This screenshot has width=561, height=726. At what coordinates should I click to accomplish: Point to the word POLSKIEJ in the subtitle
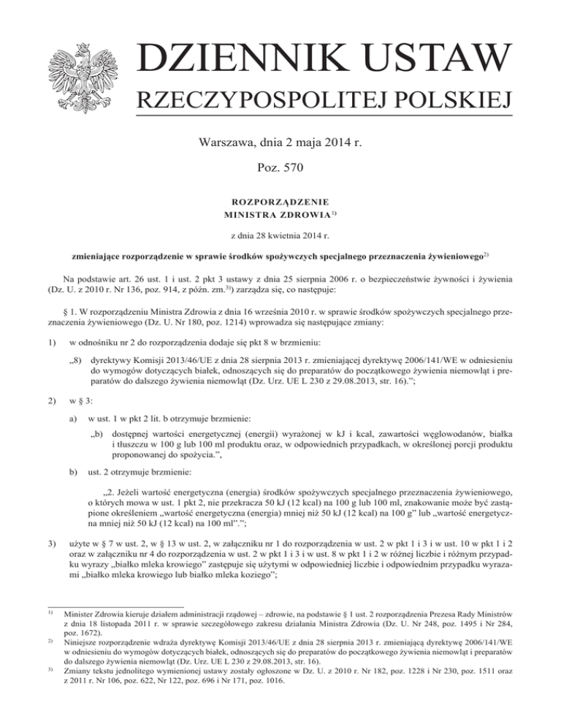(454, 100)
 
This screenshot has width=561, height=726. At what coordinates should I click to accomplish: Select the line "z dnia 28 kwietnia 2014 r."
(280, 235)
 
